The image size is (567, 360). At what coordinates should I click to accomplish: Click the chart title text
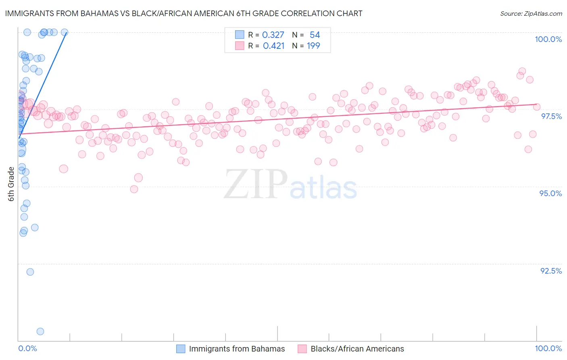coord(183,13)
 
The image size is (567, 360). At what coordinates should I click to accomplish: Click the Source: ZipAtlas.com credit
coord(531,13)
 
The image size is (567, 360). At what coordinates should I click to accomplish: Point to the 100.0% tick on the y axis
coord(548,39)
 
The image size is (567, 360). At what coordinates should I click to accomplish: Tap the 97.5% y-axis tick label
coord(551,116)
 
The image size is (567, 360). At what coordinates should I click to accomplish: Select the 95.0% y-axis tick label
coord(550,193)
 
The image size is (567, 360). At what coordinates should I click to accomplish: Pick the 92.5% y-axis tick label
coord(551,271)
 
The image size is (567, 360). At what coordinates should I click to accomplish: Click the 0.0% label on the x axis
coord(27,348)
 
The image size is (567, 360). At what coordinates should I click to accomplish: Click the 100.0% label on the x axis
coord(548,348)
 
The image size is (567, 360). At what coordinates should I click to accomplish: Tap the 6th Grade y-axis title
coord(11,184)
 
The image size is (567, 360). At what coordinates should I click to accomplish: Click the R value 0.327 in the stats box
coord(273,35)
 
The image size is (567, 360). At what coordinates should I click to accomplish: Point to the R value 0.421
coord(273,46)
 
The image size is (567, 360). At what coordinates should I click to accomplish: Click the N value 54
coord(315,35)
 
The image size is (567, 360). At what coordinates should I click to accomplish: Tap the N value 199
coord(313,46)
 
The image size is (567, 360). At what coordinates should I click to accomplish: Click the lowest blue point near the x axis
coord(40,331)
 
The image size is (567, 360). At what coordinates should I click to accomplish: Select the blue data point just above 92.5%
coord(30,272)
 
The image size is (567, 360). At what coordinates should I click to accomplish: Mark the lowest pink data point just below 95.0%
coord(134,189)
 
